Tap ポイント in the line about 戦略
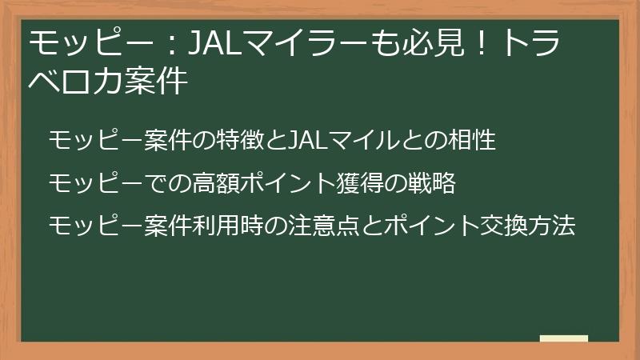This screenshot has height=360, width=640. click(283, 183)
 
